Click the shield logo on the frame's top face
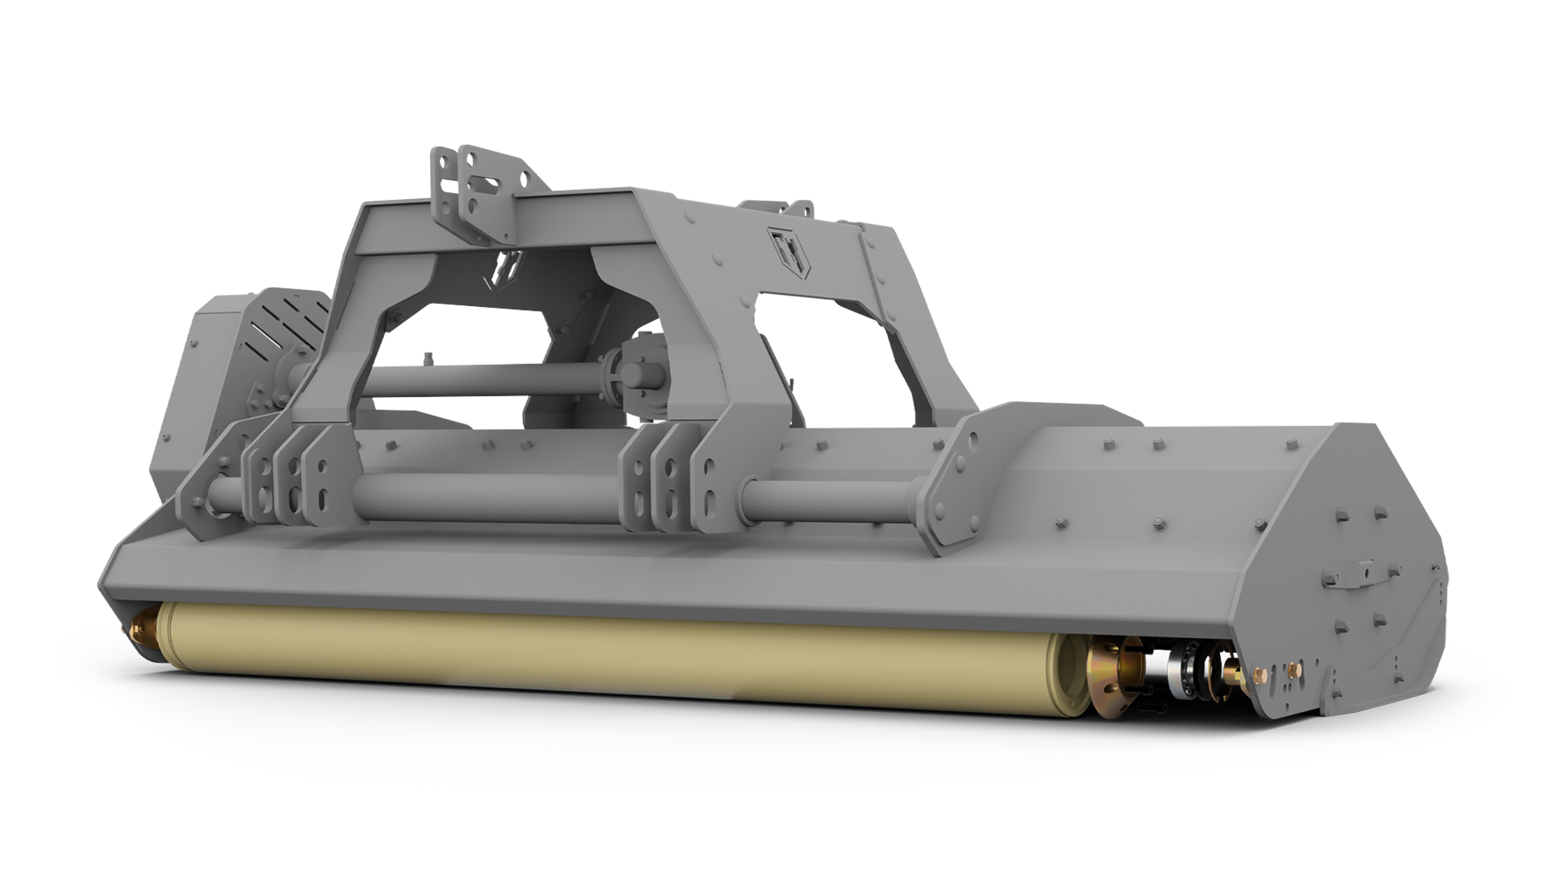click(782, 245)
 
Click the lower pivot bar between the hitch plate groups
click(483, 496)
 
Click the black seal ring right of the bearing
click(1206, 668)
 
